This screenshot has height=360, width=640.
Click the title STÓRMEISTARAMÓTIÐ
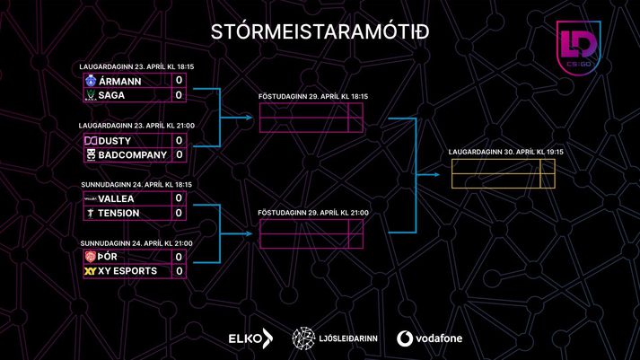pyautogui.click(x=320, y=31)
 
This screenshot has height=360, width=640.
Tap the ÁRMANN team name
pyautogui.click(x=120, y=81)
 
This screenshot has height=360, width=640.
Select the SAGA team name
pyautogui.click(x=111, y=95)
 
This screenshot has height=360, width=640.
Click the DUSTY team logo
pyautogui.click(x=91, y=141)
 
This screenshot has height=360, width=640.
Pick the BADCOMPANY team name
pyautogui.click(x=133, y=155)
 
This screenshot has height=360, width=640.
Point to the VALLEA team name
pyautogui.click(x=116, y=198)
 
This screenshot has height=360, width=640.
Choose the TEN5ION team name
pyautogui.click(x=118, y=213)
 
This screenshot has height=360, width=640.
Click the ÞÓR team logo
pyautogui.click(x=90, y=257)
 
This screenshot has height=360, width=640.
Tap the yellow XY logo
pyautogui.click(x=90, y=271)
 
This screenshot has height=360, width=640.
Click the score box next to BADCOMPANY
pyautogui.click(x=180, y=154)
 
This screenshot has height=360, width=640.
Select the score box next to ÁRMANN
pyautogui.click(x=180, y=81)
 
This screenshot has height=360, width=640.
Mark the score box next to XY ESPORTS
pyautogui.click(x=180, y=271)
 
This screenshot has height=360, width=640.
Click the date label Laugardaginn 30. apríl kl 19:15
pyautogui.click(x=505, y=152)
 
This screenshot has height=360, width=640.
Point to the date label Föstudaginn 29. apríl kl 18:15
pyautogui.click(x=313, y=96)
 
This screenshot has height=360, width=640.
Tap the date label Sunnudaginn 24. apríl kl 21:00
pyautogui.click(x=136, y=243)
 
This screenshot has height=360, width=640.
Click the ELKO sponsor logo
pyautogui.click(x=250, y=338)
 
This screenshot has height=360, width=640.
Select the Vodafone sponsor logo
pyautogui.click(x=429, y=338)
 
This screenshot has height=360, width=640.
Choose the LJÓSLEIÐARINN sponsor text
pyautogui.click(x=348, y=338)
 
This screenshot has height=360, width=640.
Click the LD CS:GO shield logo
pyautogui.click(x=578, y=48)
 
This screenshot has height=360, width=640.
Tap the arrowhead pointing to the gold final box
pyautogui.click(x=436, y=175)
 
